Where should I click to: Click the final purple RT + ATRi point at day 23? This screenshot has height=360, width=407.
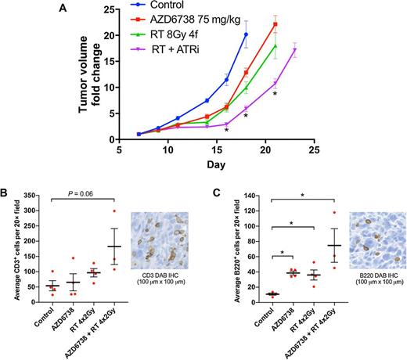[294, 50]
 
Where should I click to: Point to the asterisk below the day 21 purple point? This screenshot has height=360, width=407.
[275, 95]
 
